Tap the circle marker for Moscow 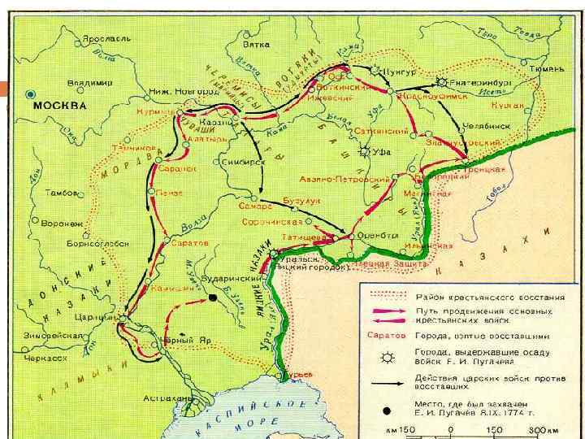30,93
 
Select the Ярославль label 105,38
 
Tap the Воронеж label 64,222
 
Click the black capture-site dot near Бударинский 213,298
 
